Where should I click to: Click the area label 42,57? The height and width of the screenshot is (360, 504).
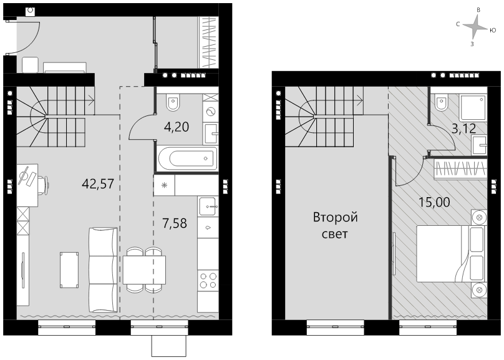[98, 184]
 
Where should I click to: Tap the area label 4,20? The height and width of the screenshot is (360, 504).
[176, 127]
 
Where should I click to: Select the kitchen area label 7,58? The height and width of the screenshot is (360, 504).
[175, 223]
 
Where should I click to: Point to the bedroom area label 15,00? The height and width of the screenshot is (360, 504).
[434, 202]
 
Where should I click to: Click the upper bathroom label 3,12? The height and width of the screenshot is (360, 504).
[464, 129]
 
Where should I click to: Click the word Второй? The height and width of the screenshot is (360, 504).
[335, 218]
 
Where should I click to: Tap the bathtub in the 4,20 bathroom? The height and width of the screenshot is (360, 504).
[188, 158]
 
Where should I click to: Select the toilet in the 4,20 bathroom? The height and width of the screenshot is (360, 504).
[173, 102]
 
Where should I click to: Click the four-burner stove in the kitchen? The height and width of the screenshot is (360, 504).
[208, 281]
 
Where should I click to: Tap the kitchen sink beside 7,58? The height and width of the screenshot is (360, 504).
[208, 207]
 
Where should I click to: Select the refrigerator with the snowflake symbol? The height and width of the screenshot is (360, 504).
[164, 185]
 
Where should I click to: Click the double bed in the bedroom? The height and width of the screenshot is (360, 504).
[452, 253]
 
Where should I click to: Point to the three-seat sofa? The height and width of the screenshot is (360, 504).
[103, 270]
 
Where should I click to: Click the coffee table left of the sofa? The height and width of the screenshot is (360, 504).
[69, 270]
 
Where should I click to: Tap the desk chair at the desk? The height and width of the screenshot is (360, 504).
[44, 185]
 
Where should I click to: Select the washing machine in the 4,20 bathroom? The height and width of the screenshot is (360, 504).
[211, 112]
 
